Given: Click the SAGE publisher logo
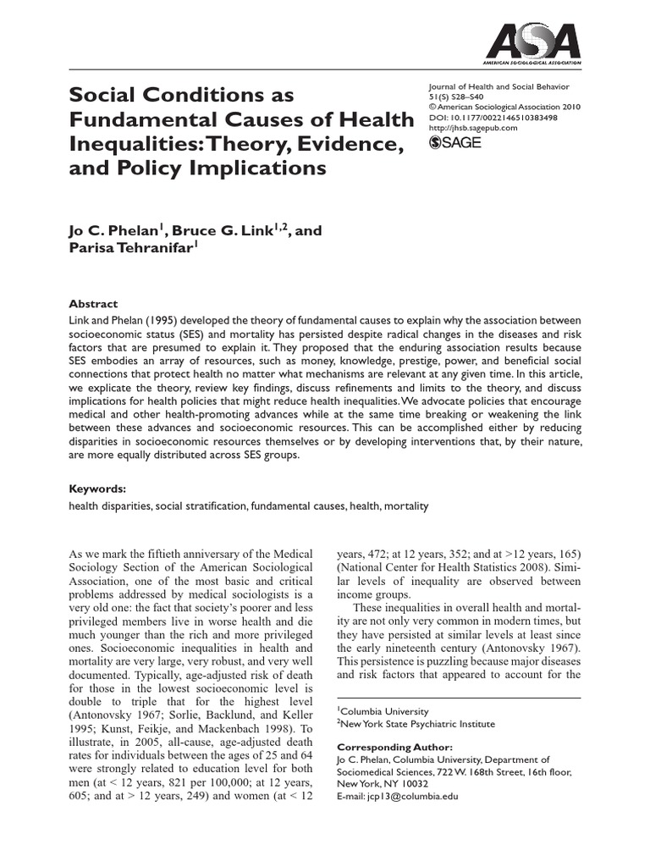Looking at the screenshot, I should (x=456, y=143).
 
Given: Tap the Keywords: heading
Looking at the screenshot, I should (x=97, y=489).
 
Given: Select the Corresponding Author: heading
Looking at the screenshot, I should (x=395, y=748).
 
